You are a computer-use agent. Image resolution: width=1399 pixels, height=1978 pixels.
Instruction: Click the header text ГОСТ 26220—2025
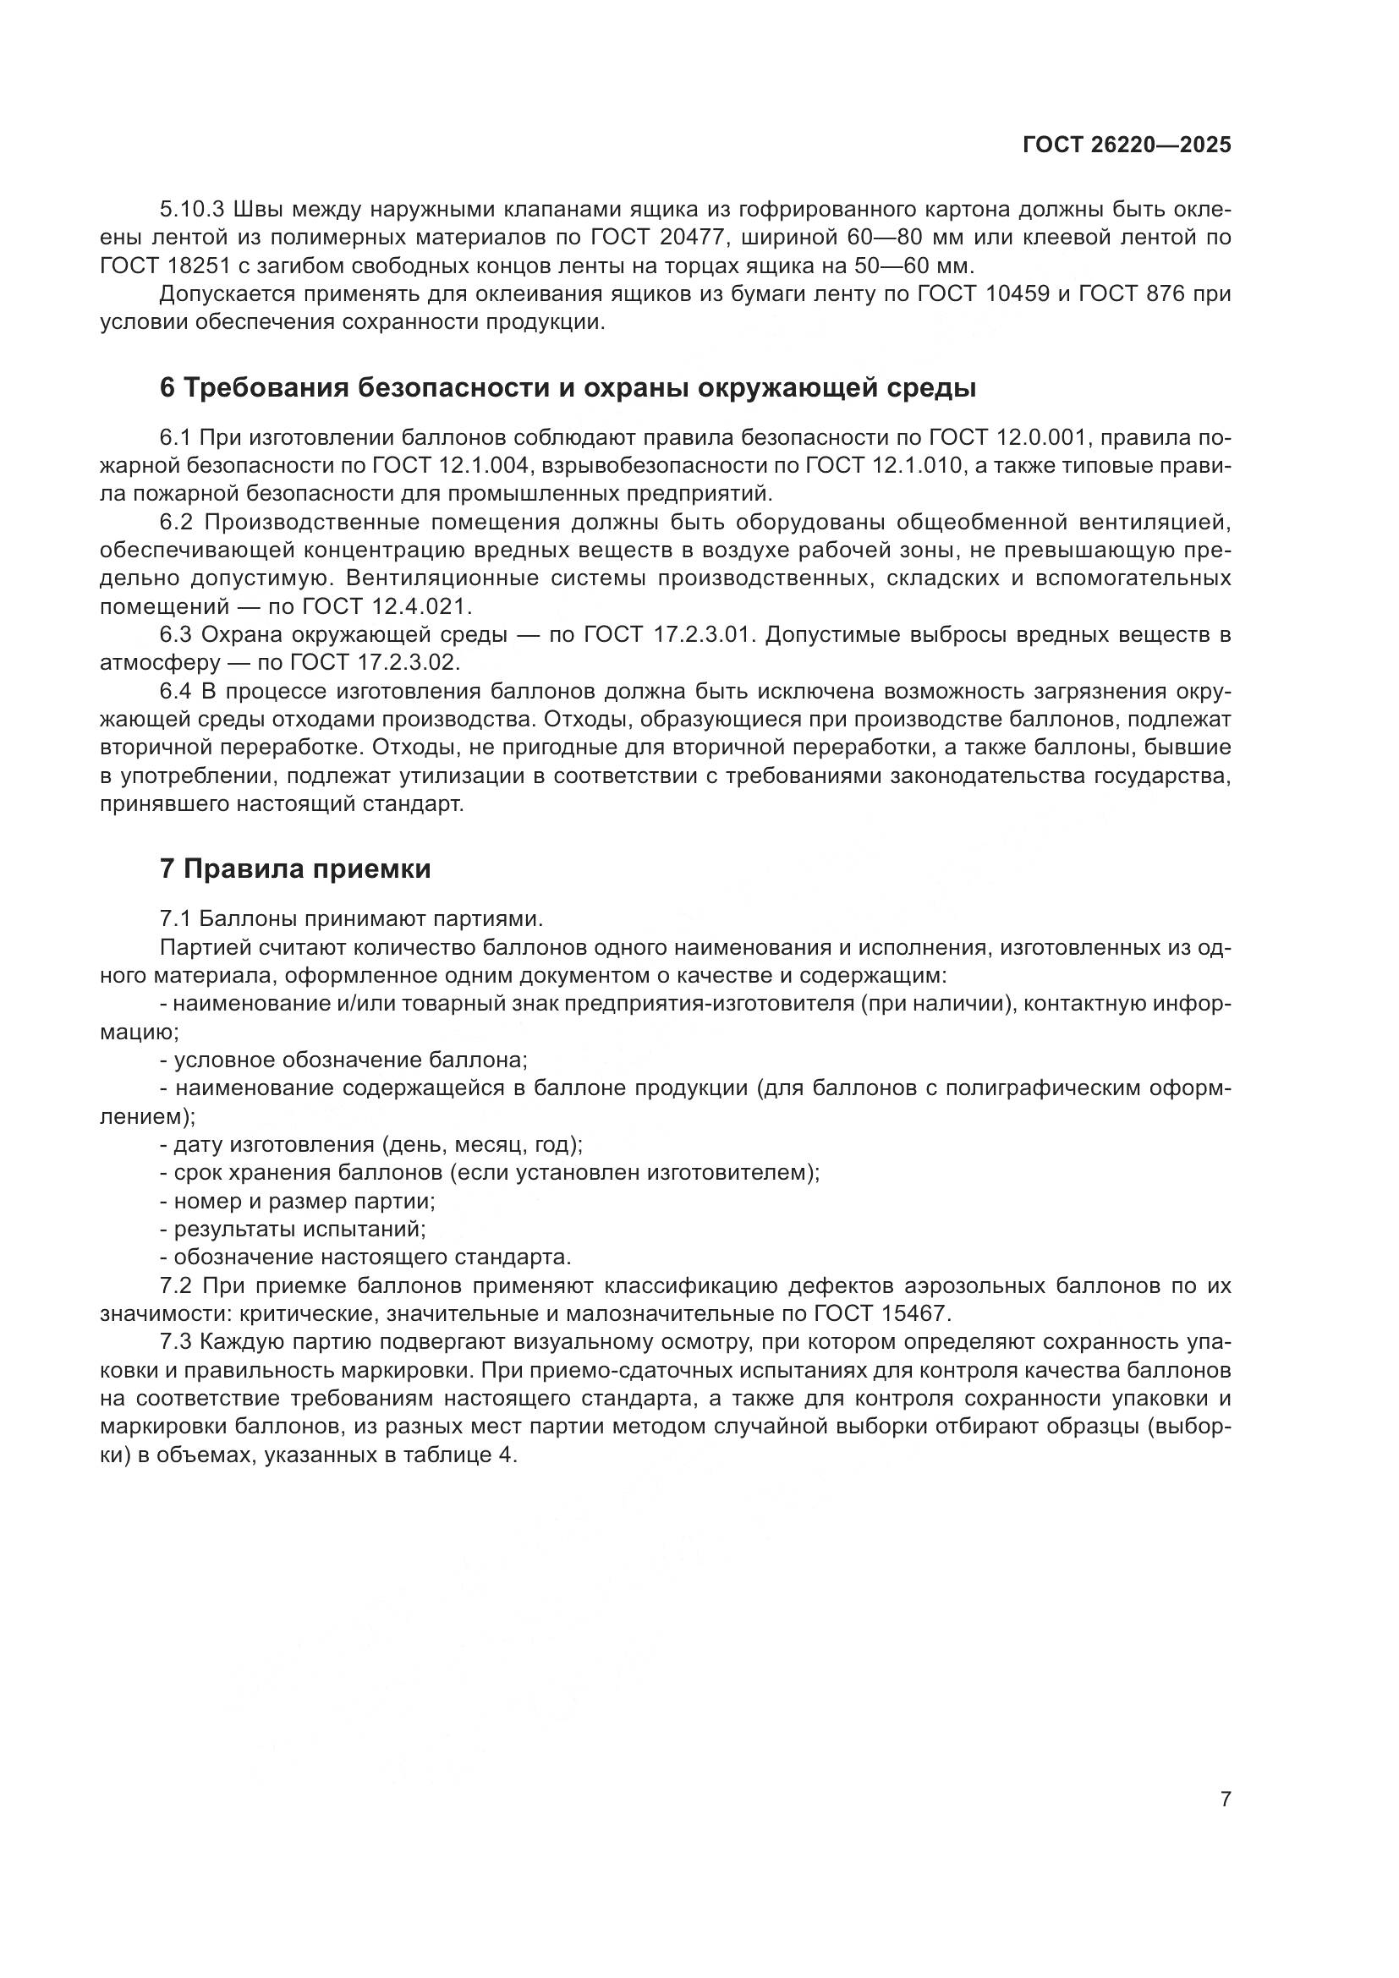click(x=1127, y=145)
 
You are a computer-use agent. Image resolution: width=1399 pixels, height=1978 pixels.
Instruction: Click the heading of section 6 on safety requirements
click(x=568, y=388)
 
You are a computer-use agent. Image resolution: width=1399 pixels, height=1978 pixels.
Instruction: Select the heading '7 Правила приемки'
click(x=295, y=869)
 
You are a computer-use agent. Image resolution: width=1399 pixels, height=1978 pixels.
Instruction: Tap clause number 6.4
click(x=178, y=691)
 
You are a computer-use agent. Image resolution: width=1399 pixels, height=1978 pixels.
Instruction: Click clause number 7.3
click(x=178, y=1342)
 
